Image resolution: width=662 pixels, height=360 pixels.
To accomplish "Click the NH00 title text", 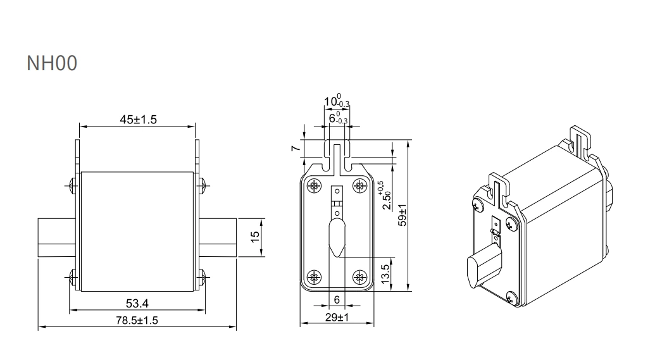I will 52,63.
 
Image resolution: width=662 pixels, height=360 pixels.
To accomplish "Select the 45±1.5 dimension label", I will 137,120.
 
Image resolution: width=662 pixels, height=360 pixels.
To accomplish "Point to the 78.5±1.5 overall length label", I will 137,321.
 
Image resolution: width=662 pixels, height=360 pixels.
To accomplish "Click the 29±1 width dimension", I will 337,317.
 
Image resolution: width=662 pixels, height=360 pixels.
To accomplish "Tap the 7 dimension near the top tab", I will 294,148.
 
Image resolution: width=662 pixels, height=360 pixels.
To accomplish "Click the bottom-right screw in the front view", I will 360,276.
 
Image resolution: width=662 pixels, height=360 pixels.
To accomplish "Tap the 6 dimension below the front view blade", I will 337,299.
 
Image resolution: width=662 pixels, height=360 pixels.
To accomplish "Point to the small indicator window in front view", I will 337,198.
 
